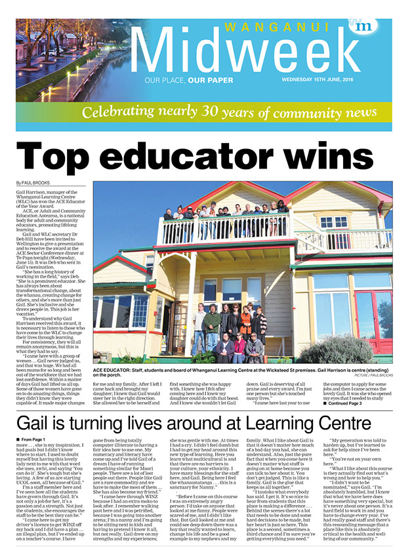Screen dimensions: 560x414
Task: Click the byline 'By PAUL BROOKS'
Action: click(x=35, y=183)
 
